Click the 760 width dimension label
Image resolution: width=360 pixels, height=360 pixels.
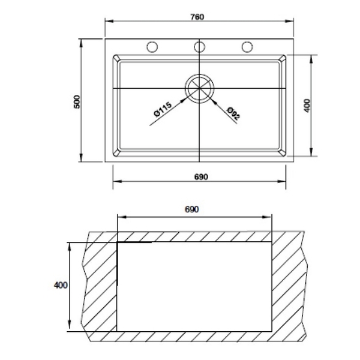[x=198, y=17]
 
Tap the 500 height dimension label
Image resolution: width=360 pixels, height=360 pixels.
[x=77, y=101]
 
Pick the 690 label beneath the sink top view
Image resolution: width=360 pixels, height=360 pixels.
[x=200, y=177]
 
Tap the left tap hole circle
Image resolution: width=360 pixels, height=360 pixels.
[x=152, y=47]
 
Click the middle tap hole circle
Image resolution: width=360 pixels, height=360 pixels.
[x=199, y=47]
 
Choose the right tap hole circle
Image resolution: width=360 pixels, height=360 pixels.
[x=247, y=47]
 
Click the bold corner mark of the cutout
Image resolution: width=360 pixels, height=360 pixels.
[x=119, y=244]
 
